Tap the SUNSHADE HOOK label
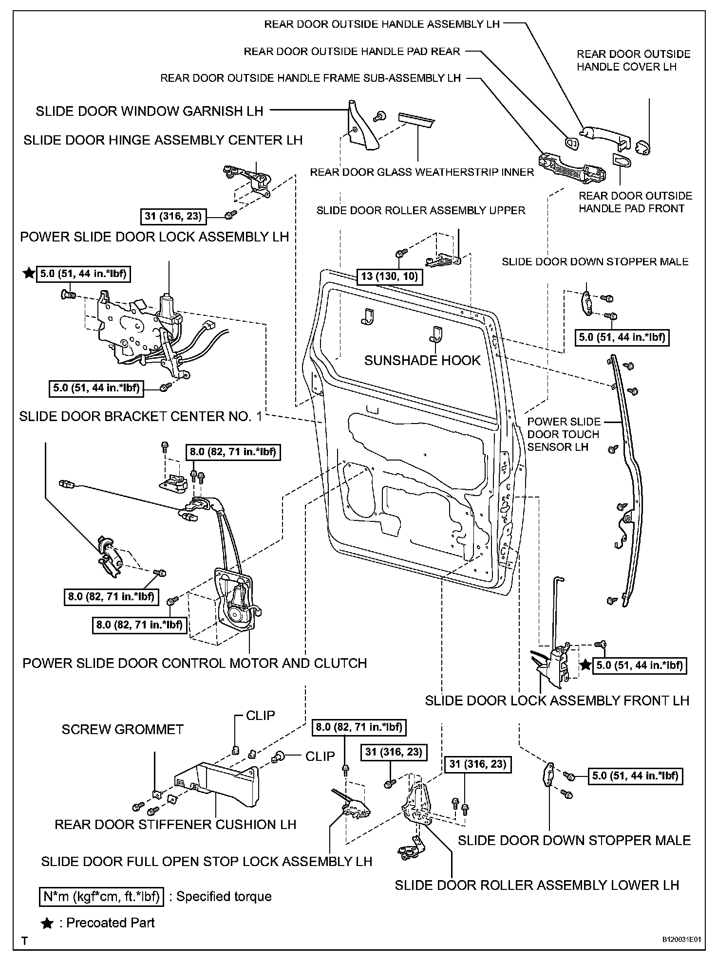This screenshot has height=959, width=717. click(x=422, y=360)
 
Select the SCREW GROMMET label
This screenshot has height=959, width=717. click(x=122, y=729)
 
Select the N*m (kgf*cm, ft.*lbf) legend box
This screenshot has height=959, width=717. click(x=101, y=896)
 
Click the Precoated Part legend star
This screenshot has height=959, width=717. click(x=47, y=923)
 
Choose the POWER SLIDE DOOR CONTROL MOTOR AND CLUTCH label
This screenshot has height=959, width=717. click(x=194, y=663)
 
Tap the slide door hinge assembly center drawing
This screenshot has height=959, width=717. click(x=248, y=181)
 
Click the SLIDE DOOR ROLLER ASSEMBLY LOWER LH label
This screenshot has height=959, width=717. click(x=537, y=885)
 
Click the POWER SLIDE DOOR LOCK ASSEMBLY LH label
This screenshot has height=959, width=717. click(x=154, y=237)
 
